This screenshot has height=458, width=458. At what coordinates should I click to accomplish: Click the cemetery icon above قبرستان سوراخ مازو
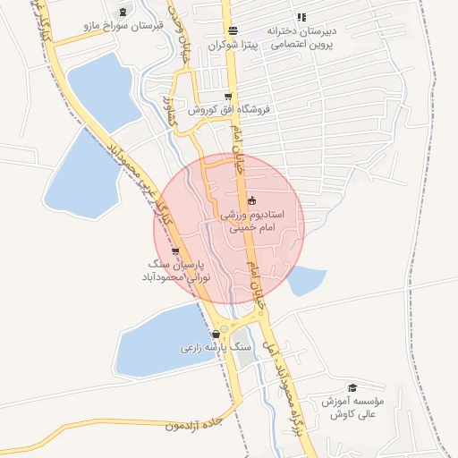click(122, 10)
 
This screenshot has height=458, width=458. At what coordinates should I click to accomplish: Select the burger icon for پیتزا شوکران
click(233, 30)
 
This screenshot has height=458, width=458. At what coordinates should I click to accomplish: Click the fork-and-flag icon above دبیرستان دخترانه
click(301, 16)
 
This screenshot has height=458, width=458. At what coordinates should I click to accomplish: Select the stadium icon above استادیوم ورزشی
click(251, 200)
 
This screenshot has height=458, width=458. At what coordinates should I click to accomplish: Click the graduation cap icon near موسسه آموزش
click(352, 387)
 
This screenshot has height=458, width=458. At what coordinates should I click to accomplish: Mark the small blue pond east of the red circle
click(307, 282)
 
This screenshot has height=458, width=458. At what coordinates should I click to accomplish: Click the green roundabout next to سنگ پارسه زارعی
click(243, 358)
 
